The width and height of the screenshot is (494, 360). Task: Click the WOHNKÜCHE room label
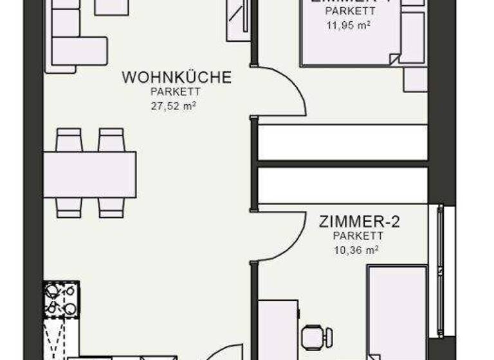(x=176, y=78)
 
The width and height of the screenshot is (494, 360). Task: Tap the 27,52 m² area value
(x=173, y=106)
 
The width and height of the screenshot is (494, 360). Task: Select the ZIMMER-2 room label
(x=360, y=222)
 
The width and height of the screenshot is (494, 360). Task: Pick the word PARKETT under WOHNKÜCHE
(x=173, y=93)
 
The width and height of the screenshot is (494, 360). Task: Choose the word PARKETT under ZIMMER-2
(x=359, y=237)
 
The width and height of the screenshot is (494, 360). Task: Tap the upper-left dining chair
(x=69, y=139)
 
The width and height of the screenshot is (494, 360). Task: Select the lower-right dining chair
(x=111, y=206)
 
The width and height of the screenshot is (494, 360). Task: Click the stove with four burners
(x=61, y=299)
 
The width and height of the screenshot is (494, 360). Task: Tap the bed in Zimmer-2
(x=396, y=312)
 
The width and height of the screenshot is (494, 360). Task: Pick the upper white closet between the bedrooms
(x=342, y=143)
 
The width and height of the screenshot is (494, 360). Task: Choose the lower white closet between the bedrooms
(x=342, y=185)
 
